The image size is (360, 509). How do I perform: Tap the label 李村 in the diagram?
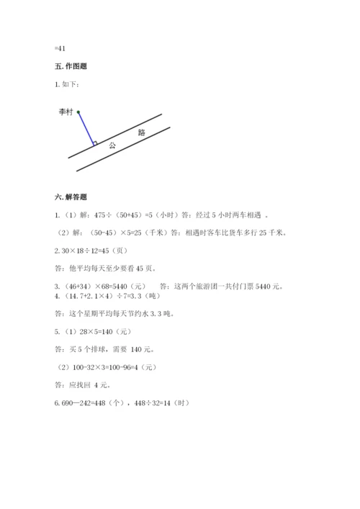pos(66,112)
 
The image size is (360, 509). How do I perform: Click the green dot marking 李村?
pos(78,112)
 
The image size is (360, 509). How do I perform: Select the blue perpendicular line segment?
pos(86,129)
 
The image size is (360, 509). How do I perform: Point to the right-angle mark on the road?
pos(94,143)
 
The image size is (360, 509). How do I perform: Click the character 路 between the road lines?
pos(141,132)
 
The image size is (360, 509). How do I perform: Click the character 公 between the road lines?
pos(112,145)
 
